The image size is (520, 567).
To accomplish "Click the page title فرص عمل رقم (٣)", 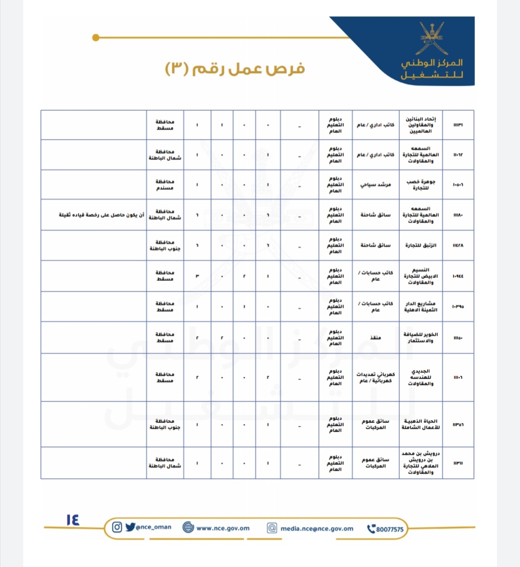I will point(235,69).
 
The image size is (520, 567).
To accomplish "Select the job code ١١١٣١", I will point(458,125).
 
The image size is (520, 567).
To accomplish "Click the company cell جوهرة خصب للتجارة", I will point(421,185).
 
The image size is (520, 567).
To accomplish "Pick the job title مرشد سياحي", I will point(376,185).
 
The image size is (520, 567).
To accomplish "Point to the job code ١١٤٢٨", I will point(458,245).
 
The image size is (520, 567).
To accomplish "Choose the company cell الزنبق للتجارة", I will point(421,245).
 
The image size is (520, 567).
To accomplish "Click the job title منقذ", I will point(376,338).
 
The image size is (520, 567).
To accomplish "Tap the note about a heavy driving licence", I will point(102,215).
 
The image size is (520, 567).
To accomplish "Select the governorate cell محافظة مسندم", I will point(165,185).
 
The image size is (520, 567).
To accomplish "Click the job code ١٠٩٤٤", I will point(458,276).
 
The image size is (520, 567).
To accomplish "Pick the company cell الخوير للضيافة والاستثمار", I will point(421,337).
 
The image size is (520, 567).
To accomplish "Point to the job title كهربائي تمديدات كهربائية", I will point(376,377).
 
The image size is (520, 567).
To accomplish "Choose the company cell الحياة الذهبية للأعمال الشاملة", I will point(421,424).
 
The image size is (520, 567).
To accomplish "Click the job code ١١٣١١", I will point(458,463).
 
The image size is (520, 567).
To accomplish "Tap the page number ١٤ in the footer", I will point(73,520).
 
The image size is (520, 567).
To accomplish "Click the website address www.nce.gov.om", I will point(222,528).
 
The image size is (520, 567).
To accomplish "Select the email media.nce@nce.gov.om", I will point(317,528).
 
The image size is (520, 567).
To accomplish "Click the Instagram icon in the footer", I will point(117,527).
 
